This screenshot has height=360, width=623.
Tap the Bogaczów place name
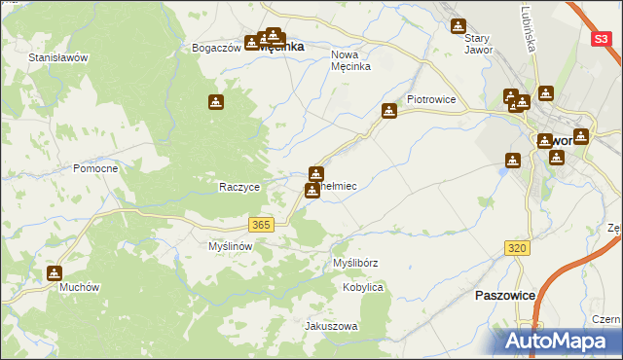(x=216, y=48)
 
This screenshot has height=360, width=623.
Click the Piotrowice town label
(x=432, y=99)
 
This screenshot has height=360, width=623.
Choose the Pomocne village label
(x=95, y=168)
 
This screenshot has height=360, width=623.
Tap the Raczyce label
(x=238, y=187)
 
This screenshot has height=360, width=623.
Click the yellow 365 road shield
(x=260, y=225)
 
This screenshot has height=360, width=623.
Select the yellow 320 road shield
(x=518, y=249)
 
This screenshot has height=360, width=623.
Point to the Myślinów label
(x=231, y=247)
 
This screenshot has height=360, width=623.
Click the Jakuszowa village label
(x=332, y=326)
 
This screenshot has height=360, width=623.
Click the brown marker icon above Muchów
(x=55, y=273)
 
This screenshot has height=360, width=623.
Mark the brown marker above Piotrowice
(x=389, y=111)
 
